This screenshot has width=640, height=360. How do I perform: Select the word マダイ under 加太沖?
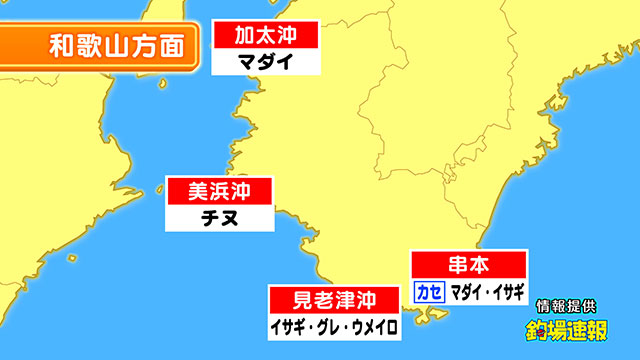point(265,61)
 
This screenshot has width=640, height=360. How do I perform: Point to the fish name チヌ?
point(219,217)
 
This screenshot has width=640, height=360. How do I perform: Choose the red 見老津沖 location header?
point(335,299)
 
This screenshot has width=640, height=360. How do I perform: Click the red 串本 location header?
point(469,266)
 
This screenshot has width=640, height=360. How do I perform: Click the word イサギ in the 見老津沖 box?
point(288,326)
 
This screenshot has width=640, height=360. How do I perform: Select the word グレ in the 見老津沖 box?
point(329,326)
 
